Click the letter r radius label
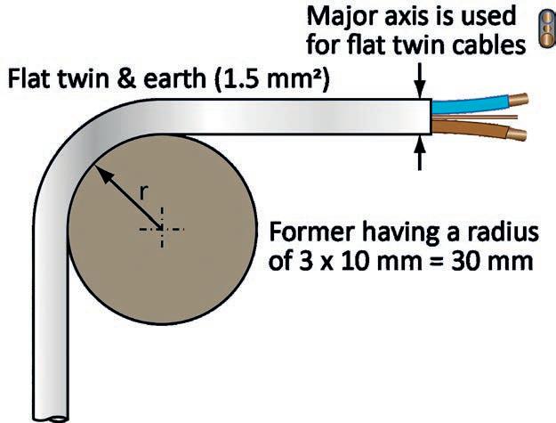coord(143,189)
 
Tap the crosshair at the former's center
coord(161,228)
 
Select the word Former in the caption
coord(307,234)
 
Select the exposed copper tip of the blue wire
coord(519,97)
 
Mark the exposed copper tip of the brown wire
coord(519,134)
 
